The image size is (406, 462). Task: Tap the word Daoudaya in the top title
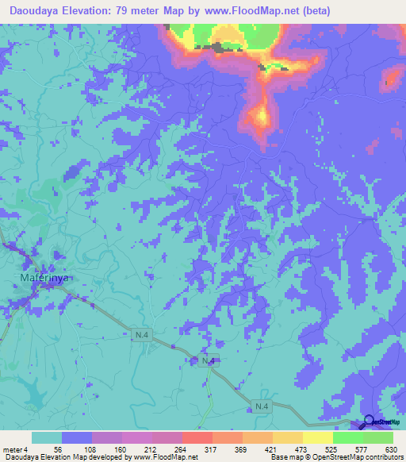33,11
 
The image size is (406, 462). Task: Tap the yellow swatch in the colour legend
317,437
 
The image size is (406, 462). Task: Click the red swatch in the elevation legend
197,437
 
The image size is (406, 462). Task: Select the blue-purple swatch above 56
77,437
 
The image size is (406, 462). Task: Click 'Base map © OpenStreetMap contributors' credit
335,458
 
